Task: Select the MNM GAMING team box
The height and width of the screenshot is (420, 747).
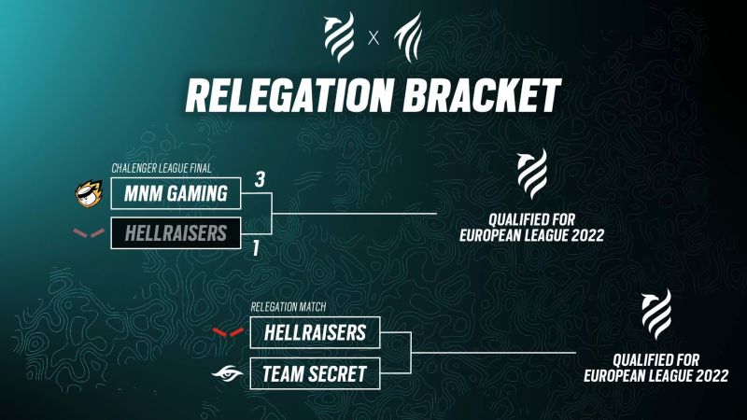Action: tap(175, 194)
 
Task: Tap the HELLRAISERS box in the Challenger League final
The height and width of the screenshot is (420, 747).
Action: tap(175, 232)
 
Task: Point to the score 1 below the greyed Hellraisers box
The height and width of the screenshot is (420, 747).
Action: tap(254, 249)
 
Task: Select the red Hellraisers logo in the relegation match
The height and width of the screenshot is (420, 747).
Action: tap(229, 331)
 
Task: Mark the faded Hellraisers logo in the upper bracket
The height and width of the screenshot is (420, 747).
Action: tap(89, 232)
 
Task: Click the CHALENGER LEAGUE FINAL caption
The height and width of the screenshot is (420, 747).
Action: tap(161, 169)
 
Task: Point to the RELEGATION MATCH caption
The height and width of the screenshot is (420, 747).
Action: tap(289, 307)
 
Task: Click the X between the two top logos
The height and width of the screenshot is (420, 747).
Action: tap(373, 38)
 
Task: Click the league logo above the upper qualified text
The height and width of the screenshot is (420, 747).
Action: tap(532, 174)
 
